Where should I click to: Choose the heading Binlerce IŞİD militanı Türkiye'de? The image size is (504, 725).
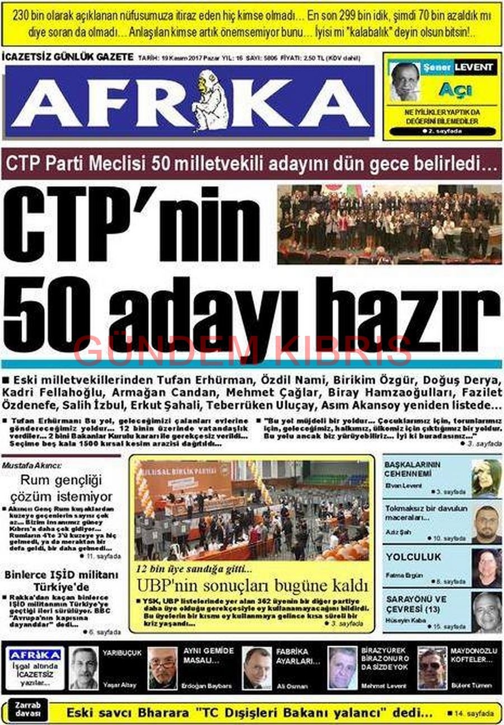click(x=62, y=581)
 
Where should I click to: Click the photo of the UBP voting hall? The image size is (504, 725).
click(x=251, y=509)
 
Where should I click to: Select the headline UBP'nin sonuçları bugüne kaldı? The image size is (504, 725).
click(x=253, y=586)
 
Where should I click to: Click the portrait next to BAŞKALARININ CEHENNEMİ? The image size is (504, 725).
click(x=486, y=478)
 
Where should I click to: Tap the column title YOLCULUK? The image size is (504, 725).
click(x=413, y=556)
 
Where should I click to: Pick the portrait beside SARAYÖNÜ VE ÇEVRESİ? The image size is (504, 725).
click(x=486, y=611)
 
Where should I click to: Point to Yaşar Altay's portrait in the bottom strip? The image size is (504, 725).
click(x=84, y=667)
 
